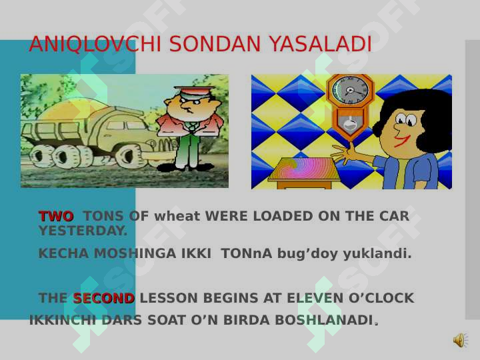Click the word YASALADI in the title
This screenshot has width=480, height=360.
click(x=321, y=44)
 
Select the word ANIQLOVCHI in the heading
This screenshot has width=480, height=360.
click(x=95, y=44)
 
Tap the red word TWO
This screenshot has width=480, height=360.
click(x=56, y=216)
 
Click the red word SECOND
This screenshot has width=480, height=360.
click(x=104, y=298)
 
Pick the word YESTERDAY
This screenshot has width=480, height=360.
click(x=83, y=231)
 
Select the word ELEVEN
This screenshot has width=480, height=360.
click(x=315, y=298)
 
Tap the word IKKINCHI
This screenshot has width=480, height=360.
click(x=63, y=320)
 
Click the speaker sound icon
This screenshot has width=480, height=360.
click(x=461, y=340)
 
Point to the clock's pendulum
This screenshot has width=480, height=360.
click(x=349, y=123)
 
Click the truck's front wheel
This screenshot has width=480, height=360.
click(x=130, y=157)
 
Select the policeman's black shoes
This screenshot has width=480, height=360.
click(x=185, y=167)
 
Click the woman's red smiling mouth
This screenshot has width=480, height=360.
click(x=401, y=142)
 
